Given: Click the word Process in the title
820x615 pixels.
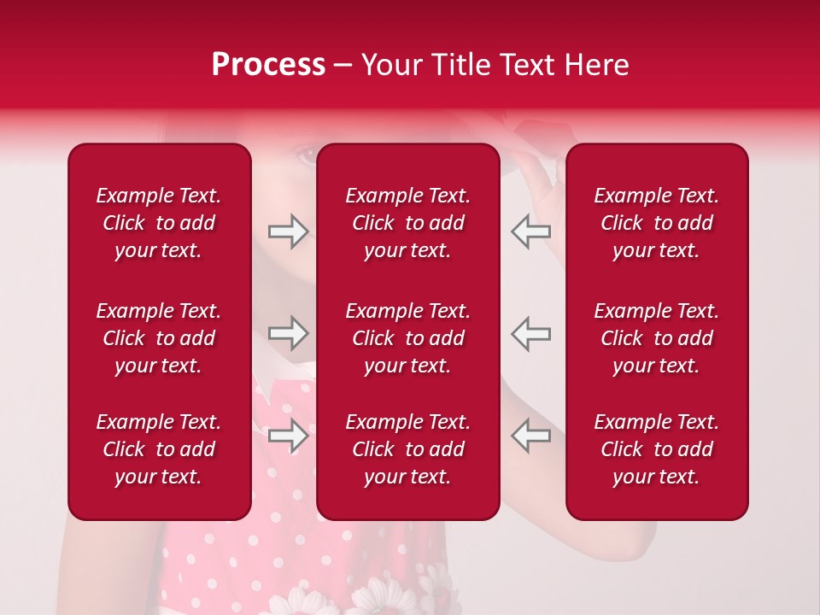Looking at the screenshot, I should tap(268, 65).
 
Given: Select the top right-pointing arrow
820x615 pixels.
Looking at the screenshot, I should tap(288, 231).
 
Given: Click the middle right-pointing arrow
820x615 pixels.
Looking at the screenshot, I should tap(288, 333).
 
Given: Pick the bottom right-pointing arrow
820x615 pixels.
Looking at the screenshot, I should tap(288, 436).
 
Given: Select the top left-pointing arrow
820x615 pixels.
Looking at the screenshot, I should tap(531, 231).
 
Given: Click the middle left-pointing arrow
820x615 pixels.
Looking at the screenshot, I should tap(531, 333).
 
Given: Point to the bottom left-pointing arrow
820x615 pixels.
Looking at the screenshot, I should tap(531, 436).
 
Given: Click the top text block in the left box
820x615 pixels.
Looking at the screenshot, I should tap(159, 223).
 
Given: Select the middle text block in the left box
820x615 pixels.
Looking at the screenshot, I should tap(159, 338).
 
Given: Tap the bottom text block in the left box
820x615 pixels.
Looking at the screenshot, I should tap(159, 449).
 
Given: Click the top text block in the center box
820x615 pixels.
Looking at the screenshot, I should tap(407, 223).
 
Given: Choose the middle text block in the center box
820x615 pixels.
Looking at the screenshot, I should tap(407, 338).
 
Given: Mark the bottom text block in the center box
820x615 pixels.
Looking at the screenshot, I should tap(407, 449).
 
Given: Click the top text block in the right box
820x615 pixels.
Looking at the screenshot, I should tap(656, 223).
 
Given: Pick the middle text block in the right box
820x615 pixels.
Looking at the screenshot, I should tap(656, 338).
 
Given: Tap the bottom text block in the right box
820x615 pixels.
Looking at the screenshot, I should tap(656, 449).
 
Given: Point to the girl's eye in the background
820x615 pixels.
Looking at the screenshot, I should tap(306, 156).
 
